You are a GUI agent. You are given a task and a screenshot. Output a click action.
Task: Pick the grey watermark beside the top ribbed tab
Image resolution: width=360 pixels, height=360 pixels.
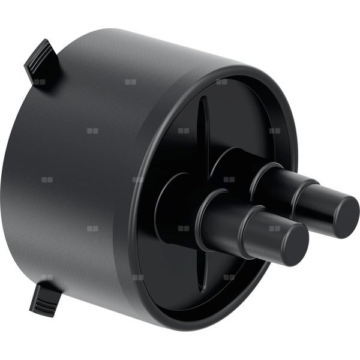[40, 82]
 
